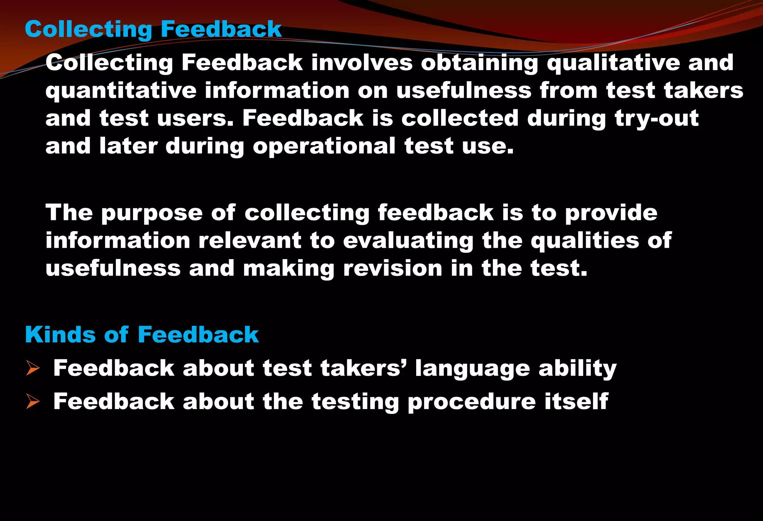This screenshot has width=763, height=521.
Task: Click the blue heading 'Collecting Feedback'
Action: click(x=153, y=29)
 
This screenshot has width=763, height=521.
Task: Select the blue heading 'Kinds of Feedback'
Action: click(x=142, y=334)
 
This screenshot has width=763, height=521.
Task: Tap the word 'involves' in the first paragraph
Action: click(x=362, y=62)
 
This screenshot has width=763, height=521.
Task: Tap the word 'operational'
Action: click(x=324, y=146)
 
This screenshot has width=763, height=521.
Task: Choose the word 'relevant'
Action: click(x=250, y=240)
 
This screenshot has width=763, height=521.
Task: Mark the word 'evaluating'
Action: click(x=408, y=241)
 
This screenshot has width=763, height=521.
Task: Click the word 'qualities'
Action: click(x=585, y=241)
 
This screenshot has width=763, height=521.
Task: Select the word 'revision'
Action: click(x=392, y=268)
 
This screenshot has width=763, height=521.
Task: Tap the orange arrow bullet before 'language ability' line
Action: click(x=33, y=368)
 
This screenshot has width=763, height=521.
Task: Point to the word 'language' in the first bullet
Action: click(x=472, y=369)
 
